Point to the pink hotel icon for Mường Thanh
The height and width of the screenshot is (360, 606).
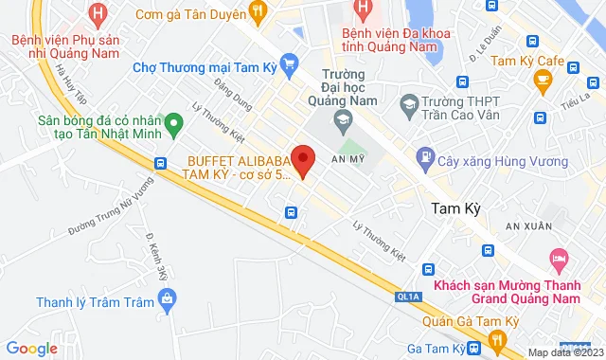tap(560, 256)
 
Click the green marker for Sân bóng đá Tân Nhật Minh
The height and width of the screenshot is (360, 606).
tap(173, 122)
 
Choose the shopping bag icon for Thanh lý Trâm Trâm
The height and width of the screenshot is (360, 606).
tap(169, 302)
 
